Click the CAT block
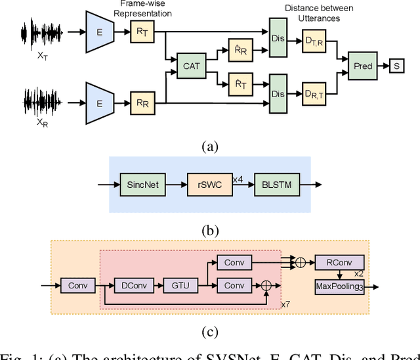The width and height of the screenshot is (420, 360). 192,66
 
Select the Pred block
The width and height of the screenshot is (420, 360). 362,66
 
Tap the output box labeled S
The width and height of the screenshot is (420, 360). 398,66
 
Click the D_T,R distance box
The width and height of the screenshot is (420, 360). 318,44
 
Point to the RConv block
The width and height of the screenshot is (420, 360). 339,263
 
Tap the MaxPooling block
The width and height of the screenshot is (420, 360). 339,286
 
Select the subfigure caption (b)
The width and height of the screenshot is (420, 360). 209,230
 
